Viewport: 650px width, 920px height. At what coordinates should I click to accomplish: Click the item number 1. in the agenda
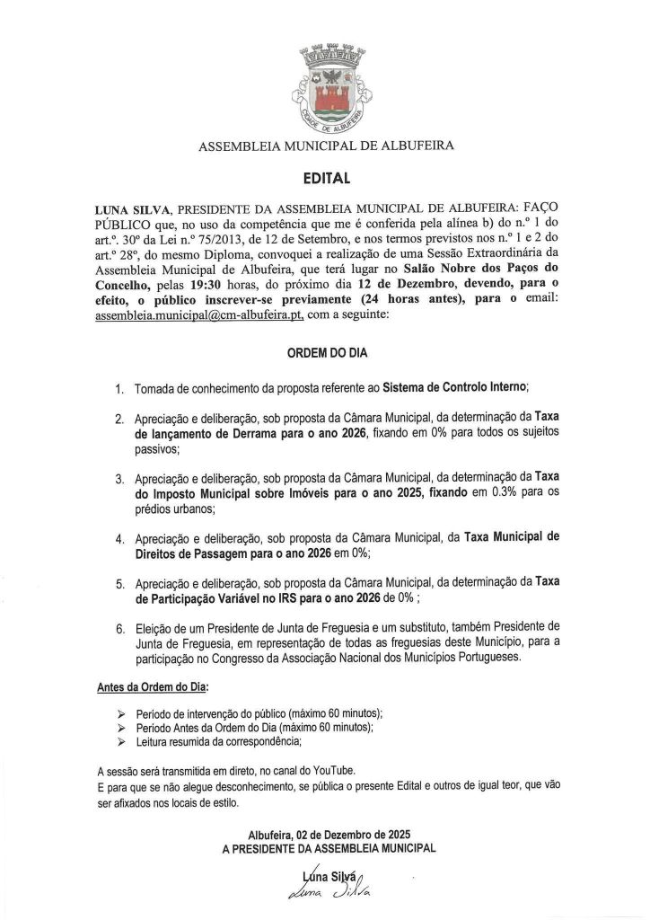(119, 389)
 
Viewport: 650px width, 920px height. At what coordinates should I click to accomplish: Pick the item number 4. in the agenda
(119, 538)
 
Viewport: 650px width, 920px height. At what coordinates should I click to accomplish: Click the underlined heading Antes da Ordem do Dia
(152, 687)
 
